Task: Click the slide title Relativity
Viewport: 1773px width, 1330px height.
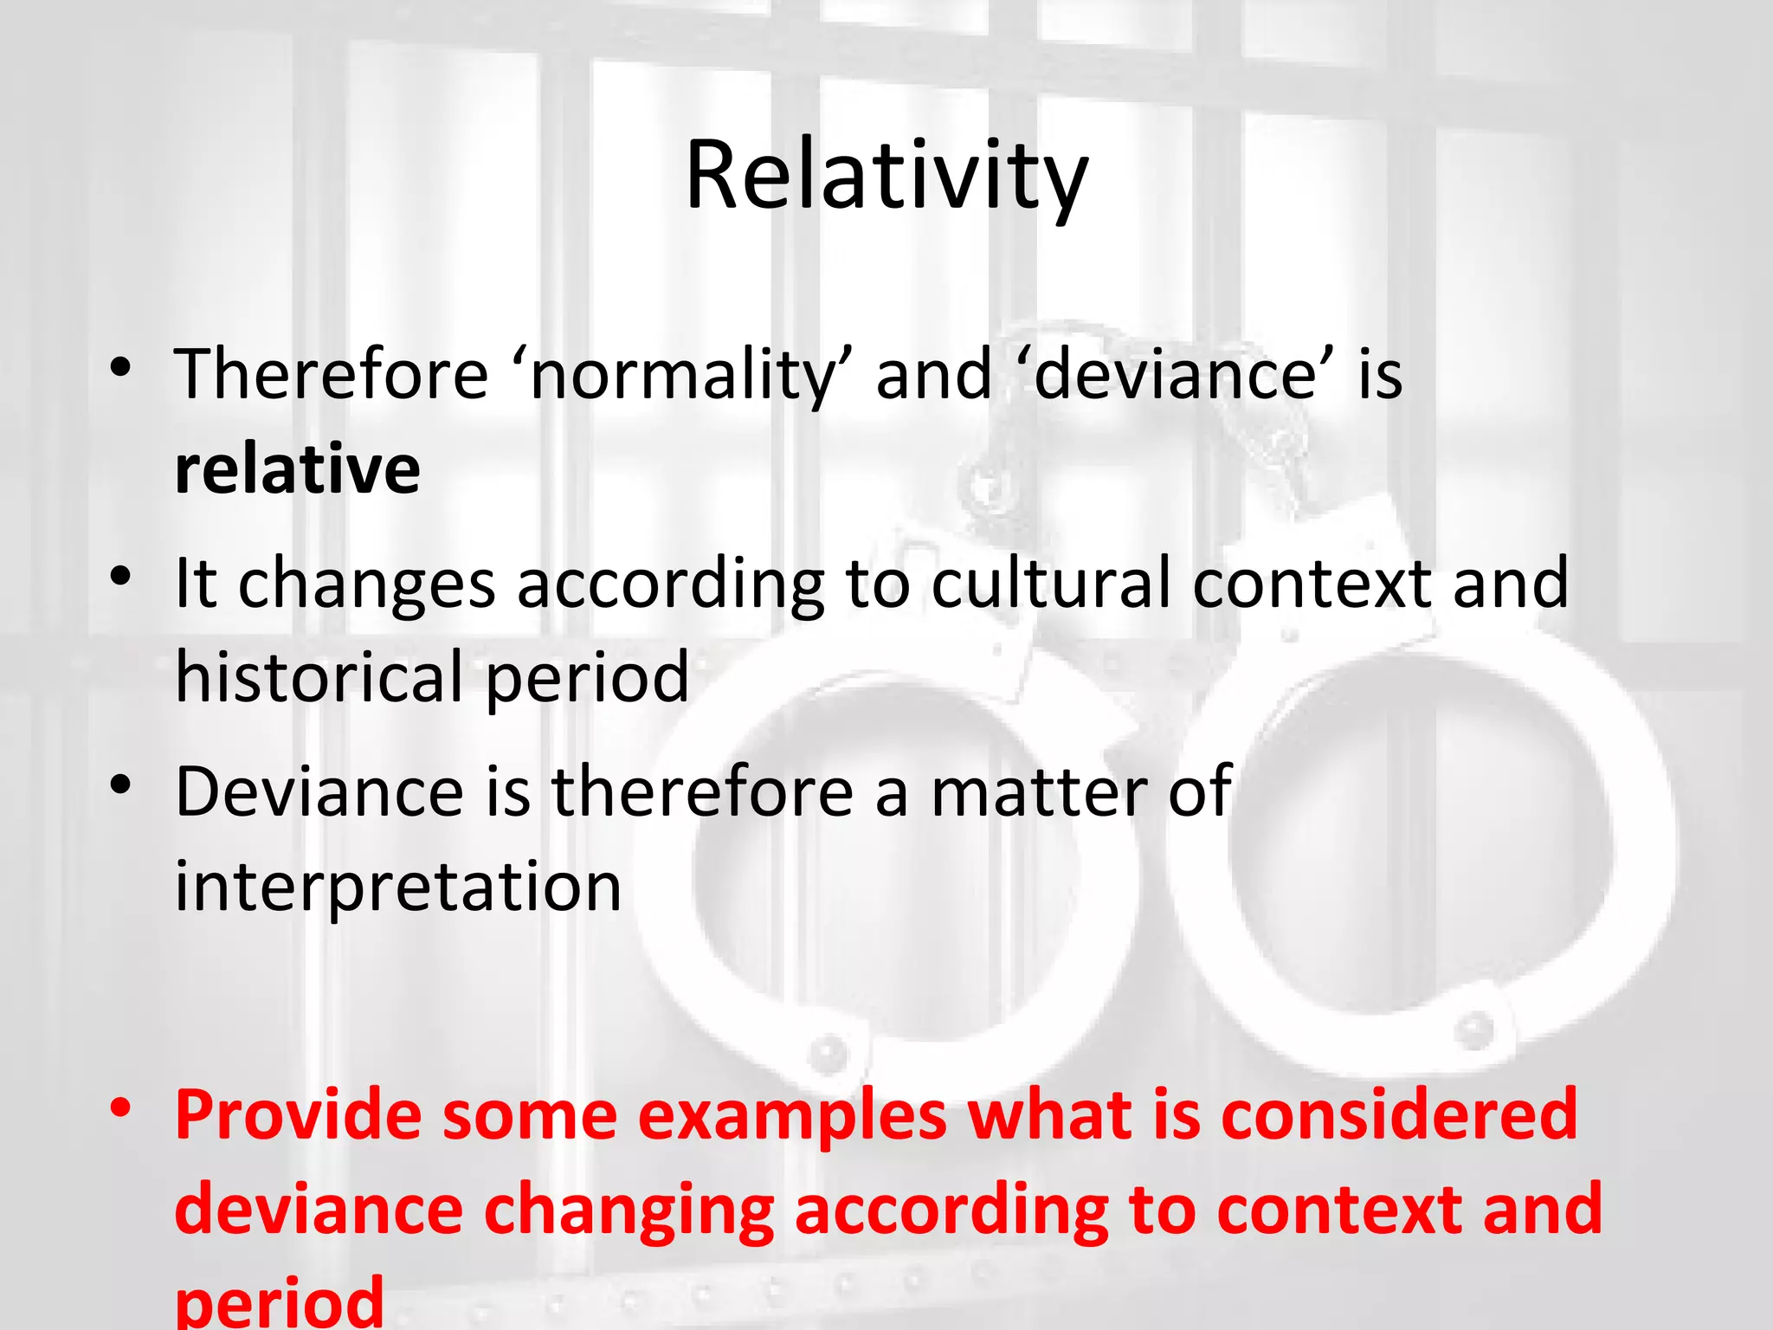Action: coord(886,178)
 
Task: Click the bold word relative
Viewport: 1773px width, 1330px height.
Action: coord(297,469)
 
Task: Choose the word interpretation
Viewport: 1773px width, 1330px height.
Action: coord(398,888)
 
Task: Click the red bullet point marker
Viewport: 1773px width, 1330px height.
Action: coord(120,1107)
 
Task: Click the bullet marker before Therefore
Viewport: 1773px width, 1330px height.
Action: coord(120,367)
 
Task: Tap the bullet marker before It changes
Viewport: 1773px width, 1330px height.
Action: coord(120,576)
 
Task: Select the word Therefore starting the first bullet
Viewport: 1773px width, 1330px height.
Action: coord(332,376)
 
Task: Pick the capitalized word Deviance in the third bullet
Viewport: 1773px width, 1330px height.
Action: coord(319,791)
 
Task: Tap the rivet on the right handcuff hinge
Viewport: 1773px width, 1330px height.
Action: coord(1472,1030)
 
